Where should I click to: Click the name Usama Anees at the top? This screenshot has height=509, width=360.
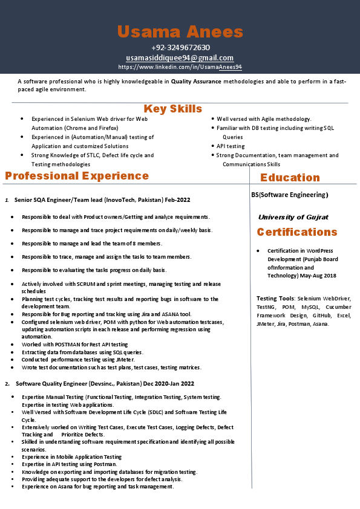coord(180,32)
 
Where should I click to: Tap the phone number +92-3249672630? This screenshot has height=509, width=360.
coord(180,48)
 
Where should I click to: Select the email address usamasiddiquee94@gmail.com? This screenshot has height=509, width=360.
coord(180,57)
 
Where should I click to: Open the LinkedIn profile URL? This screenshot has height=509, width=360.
coord(180,67)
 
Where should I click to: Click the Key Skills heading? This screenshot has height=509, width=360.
coord(172,109)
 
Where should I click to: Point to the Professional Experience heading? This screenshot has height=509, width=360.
coord(77,176)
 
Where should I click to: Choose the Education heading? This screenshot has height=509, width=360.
coord(290,178)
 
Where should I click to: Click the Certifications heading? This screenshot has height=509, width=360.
coord(297,232)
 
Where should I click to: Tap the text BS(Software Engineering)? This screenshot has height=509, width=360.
coord(289,195)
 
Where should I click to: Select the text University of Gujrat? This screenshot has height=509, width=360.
coord(293,217)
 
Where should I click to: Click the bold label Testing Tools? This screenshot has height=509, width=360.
coord(275,298)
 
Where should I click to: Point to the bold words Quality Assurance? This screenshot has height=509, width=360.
coord(193,81)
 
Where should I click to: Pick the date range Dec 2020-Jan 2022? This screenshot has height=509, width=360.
coord(168,383)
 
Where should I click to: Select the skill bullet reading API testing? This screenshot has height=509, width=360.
coord(231,146)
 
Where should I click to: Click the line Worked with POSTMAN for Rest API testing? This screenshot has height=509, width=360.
coord(74,345)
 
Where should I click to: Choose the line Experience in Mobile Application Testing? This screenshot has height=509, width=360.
coord(71,457)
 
